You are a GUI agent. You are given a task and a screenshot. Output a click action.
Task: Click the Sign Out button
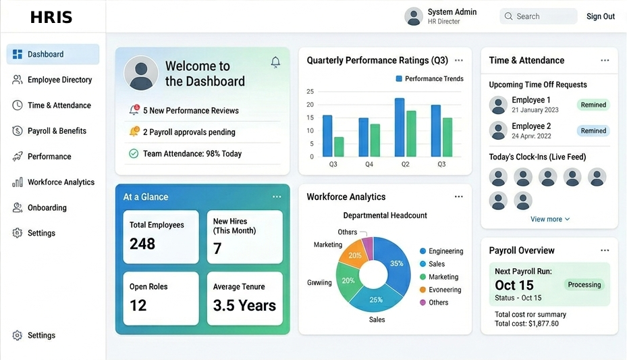(x=600, y=16)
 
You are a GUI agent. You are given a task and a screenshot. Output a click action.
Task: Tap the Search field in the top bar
(x=539, y=16)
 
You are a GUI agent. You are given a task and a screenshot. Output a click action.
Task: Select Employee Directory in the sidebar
(x=59, y=80)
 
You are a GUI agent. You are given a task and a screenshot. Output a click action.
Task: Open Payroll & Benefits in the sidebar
(x=57, y=131)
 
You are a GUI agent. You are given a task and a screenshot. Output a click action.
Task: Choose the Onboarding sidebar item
(x=47, y=208)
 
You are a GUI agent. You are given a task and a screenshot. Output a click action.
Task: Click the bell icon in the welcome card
(x=275, y=62)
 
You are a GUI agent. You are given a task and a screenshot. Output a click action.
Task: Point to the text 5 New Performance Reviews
(x=190, y=111)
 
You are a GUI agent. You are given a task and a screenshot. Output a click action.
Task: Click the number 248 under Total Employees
(x=142, y=244)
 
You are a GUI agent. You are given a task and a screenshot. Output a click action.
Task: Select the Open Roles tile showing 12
(x=160, y=298)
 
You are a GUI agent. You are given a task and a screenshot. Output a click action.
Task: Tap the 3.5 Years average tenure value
(x=244, y=306)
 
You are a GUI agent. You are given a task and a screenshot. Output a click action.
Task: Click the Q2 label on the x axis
(x=406, y=164)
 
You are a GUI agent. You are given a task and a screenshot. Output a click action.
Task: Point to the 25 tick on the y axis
(x=310, y=91)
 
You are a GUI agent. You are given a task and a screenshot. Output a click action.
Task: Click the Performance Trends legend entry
(x=429, y=79)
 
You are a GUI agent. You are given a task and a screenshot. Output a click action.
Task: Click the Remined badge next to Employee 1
(x=593, y=105)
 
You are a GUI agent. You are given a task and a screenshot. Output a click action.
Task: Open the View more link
(x=549, y=219)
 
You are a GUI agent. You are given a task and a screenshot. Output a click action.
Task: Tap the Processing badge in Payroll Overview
(x=584, y=284)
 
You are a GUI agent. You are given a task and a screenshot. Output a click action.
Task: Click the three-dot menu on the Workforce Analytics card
(x=459, y=197)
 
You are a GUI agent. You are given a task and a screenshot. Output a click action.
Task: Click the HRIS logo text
(x=51, y=18)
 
